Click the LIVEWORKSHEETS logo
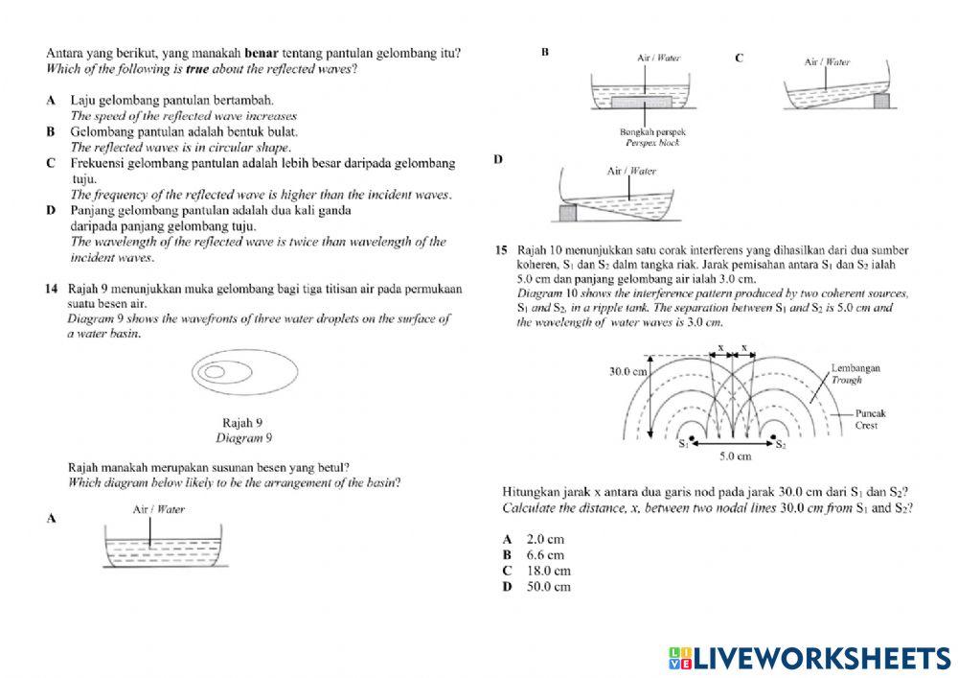coord(809,657)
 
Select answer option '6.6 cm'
coord(544,555)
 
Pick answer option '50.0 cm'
coord(548,586)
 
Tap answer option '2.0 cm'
coord(544,540)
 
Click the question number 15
coord(501,249)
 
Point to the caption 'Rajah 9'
coord(242,422)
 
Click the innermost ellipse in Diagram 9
coord(216,371)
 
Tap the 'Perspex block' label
coord(652,141)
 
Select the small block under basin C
coord(880,98)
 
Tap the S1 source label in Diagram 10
coord(684,444)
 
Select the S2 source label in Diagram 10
coord(781,444)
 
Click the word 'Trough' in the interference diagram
coord(846,381)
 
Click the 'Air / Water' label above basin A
coord(158,509)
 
